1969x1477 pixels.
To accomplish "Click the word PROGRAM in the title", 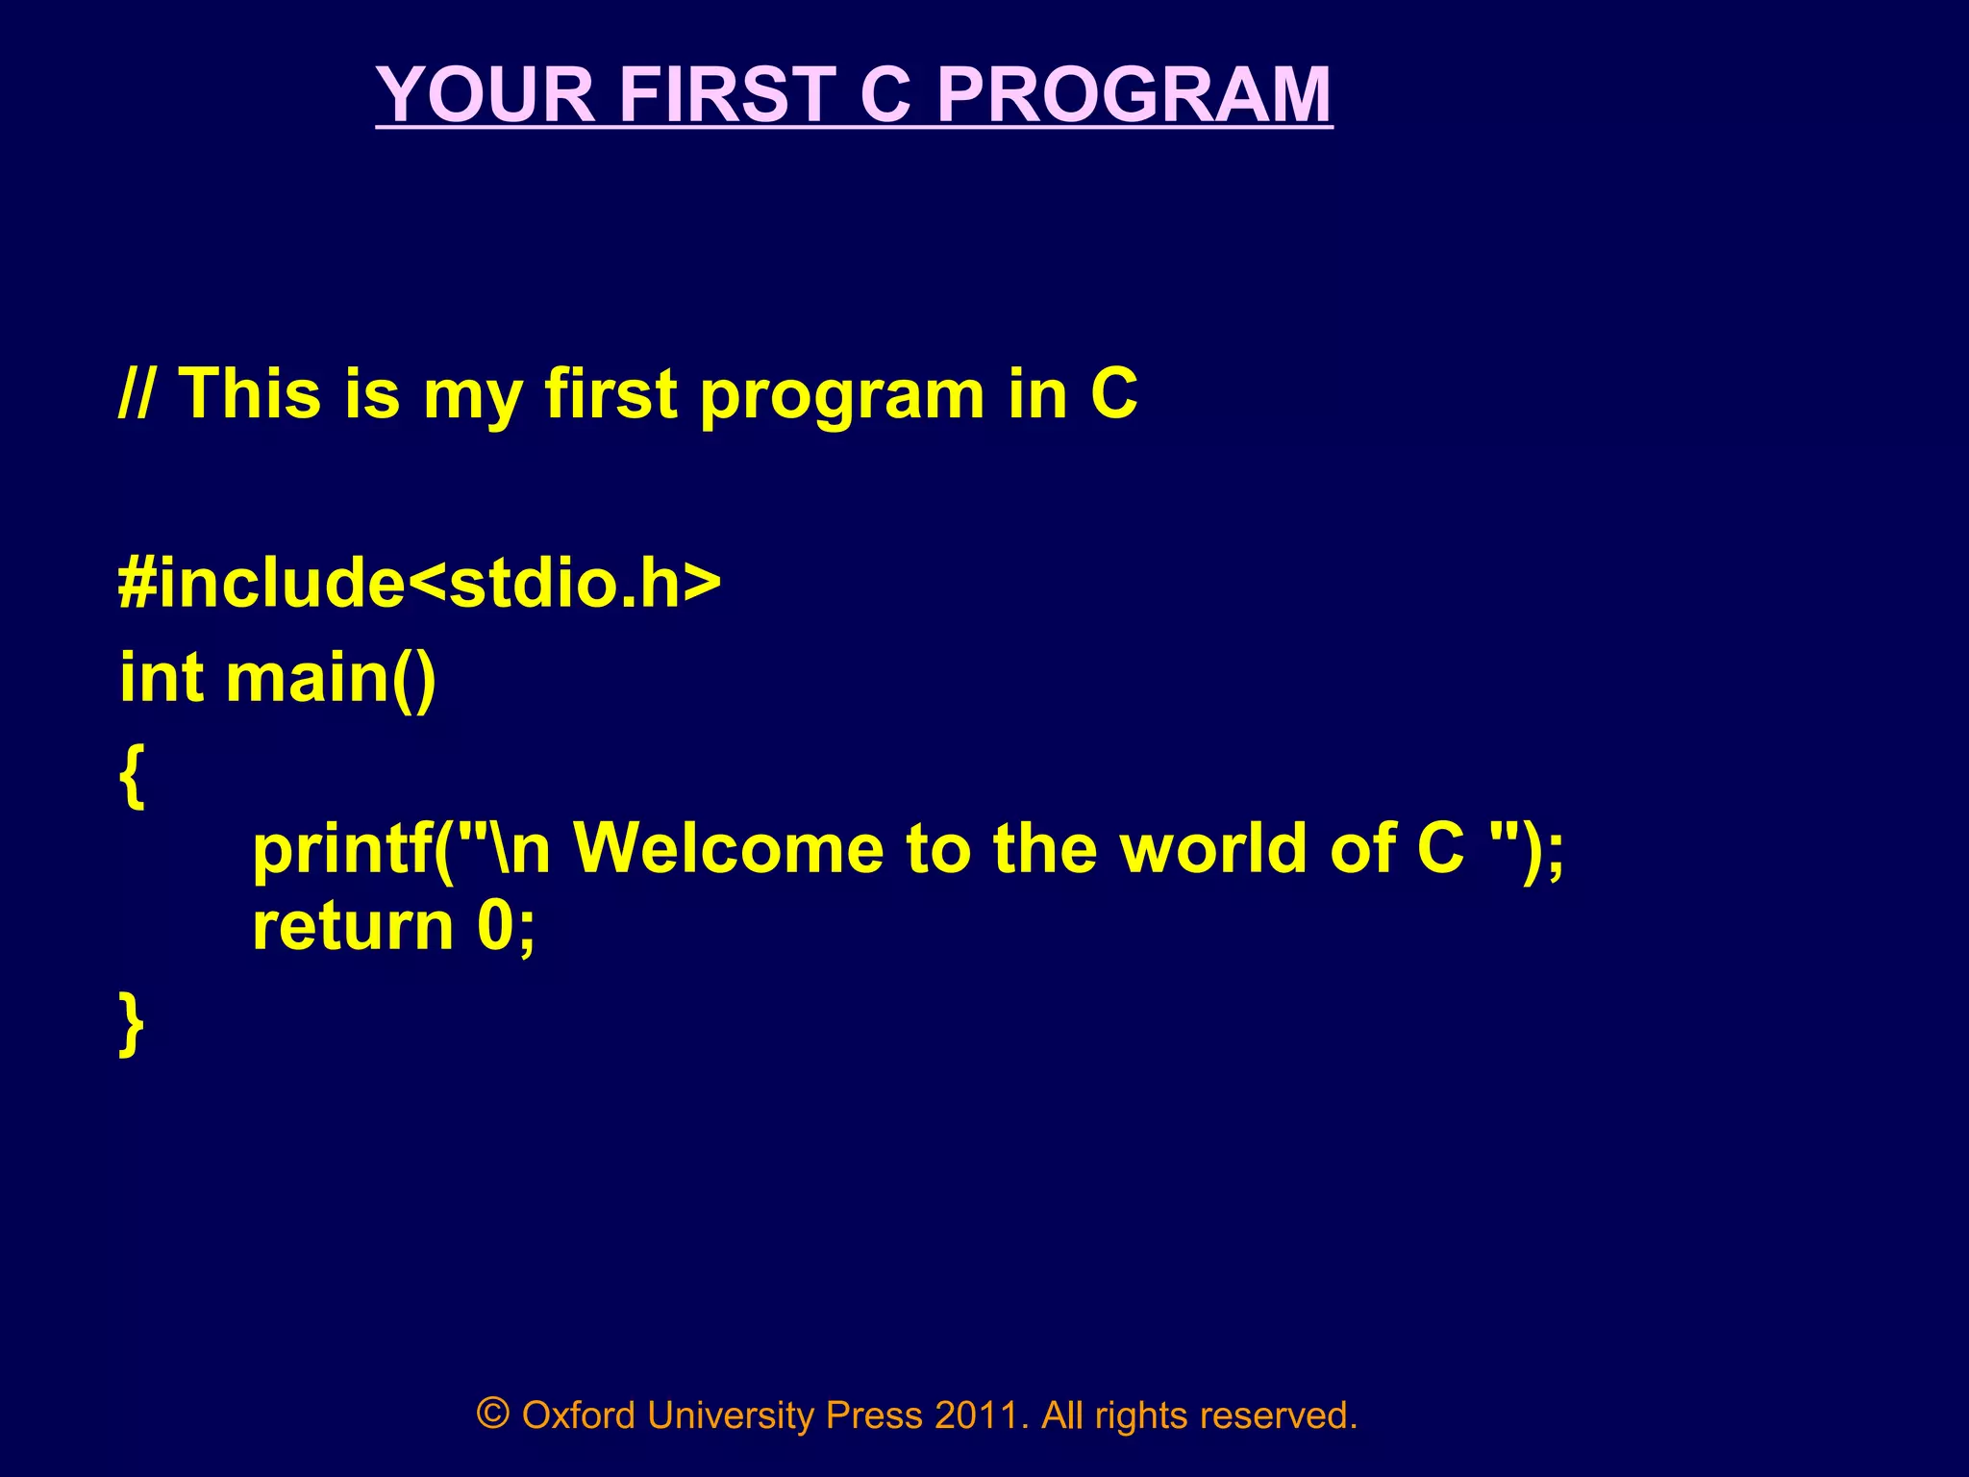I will click(1134, 94).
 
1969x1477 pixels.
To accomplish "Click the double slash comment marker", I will click(135, 394).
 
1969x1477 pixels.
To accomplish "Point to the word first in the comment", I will click(611, 394).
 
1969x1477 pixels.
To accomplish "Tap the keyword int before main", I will click(161, 677).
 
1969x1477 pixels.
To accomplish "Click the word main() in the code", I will click(331, 679).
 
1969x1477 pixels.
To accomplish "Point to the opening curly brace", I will click(132, 775).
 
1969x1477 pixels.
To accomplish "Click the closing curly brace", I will click(132, 1025).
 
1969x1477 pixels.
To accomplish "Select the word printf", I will click(341, 850).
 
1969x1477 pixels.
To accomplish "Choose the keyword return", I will click(352, 927).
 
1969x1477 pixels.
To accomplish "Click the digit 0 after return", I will click(496, 927).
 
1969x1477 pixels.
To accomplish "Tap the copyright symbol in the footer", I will click(492, 1414).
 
